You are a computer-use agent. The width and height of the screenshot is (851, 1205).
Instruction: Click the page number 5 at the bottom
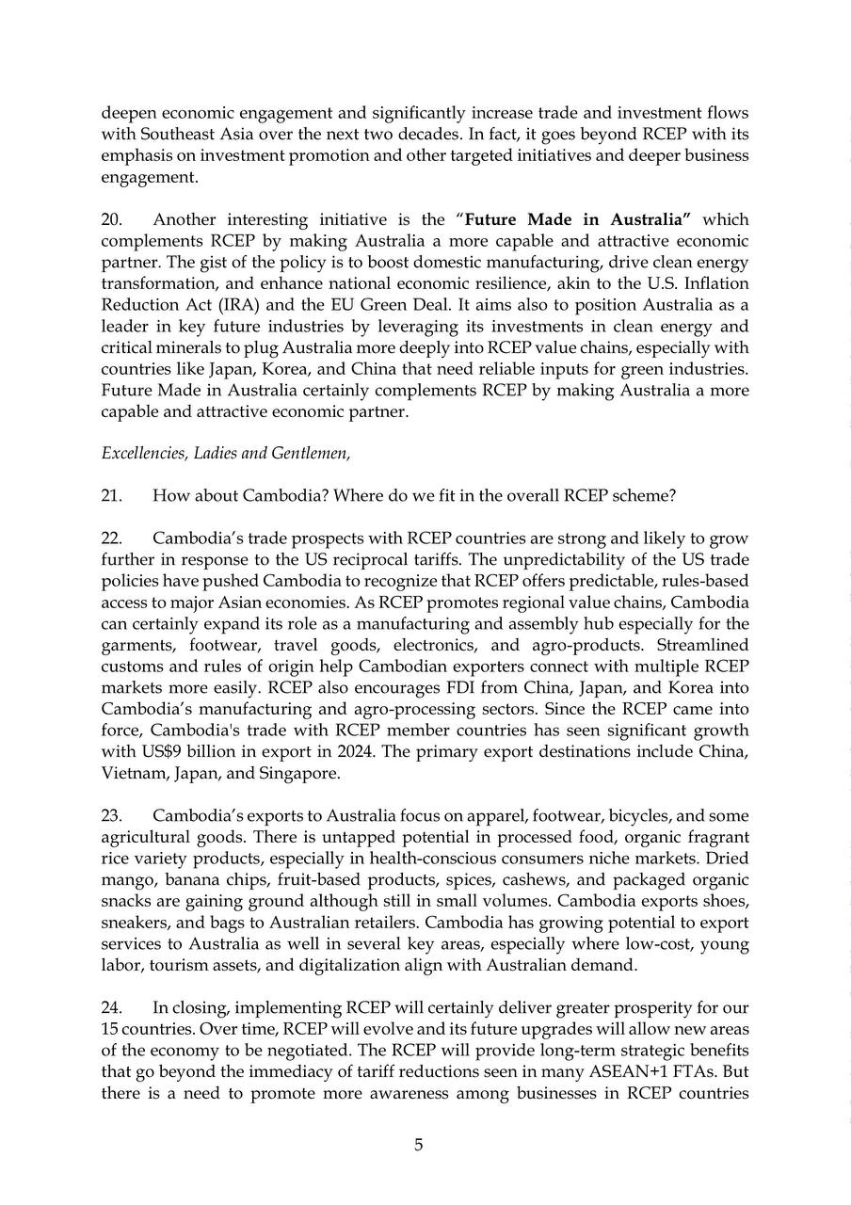(419, 1145)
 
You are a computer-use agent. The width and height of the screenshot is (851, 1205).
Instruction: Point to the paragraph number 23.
(112, 815)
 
